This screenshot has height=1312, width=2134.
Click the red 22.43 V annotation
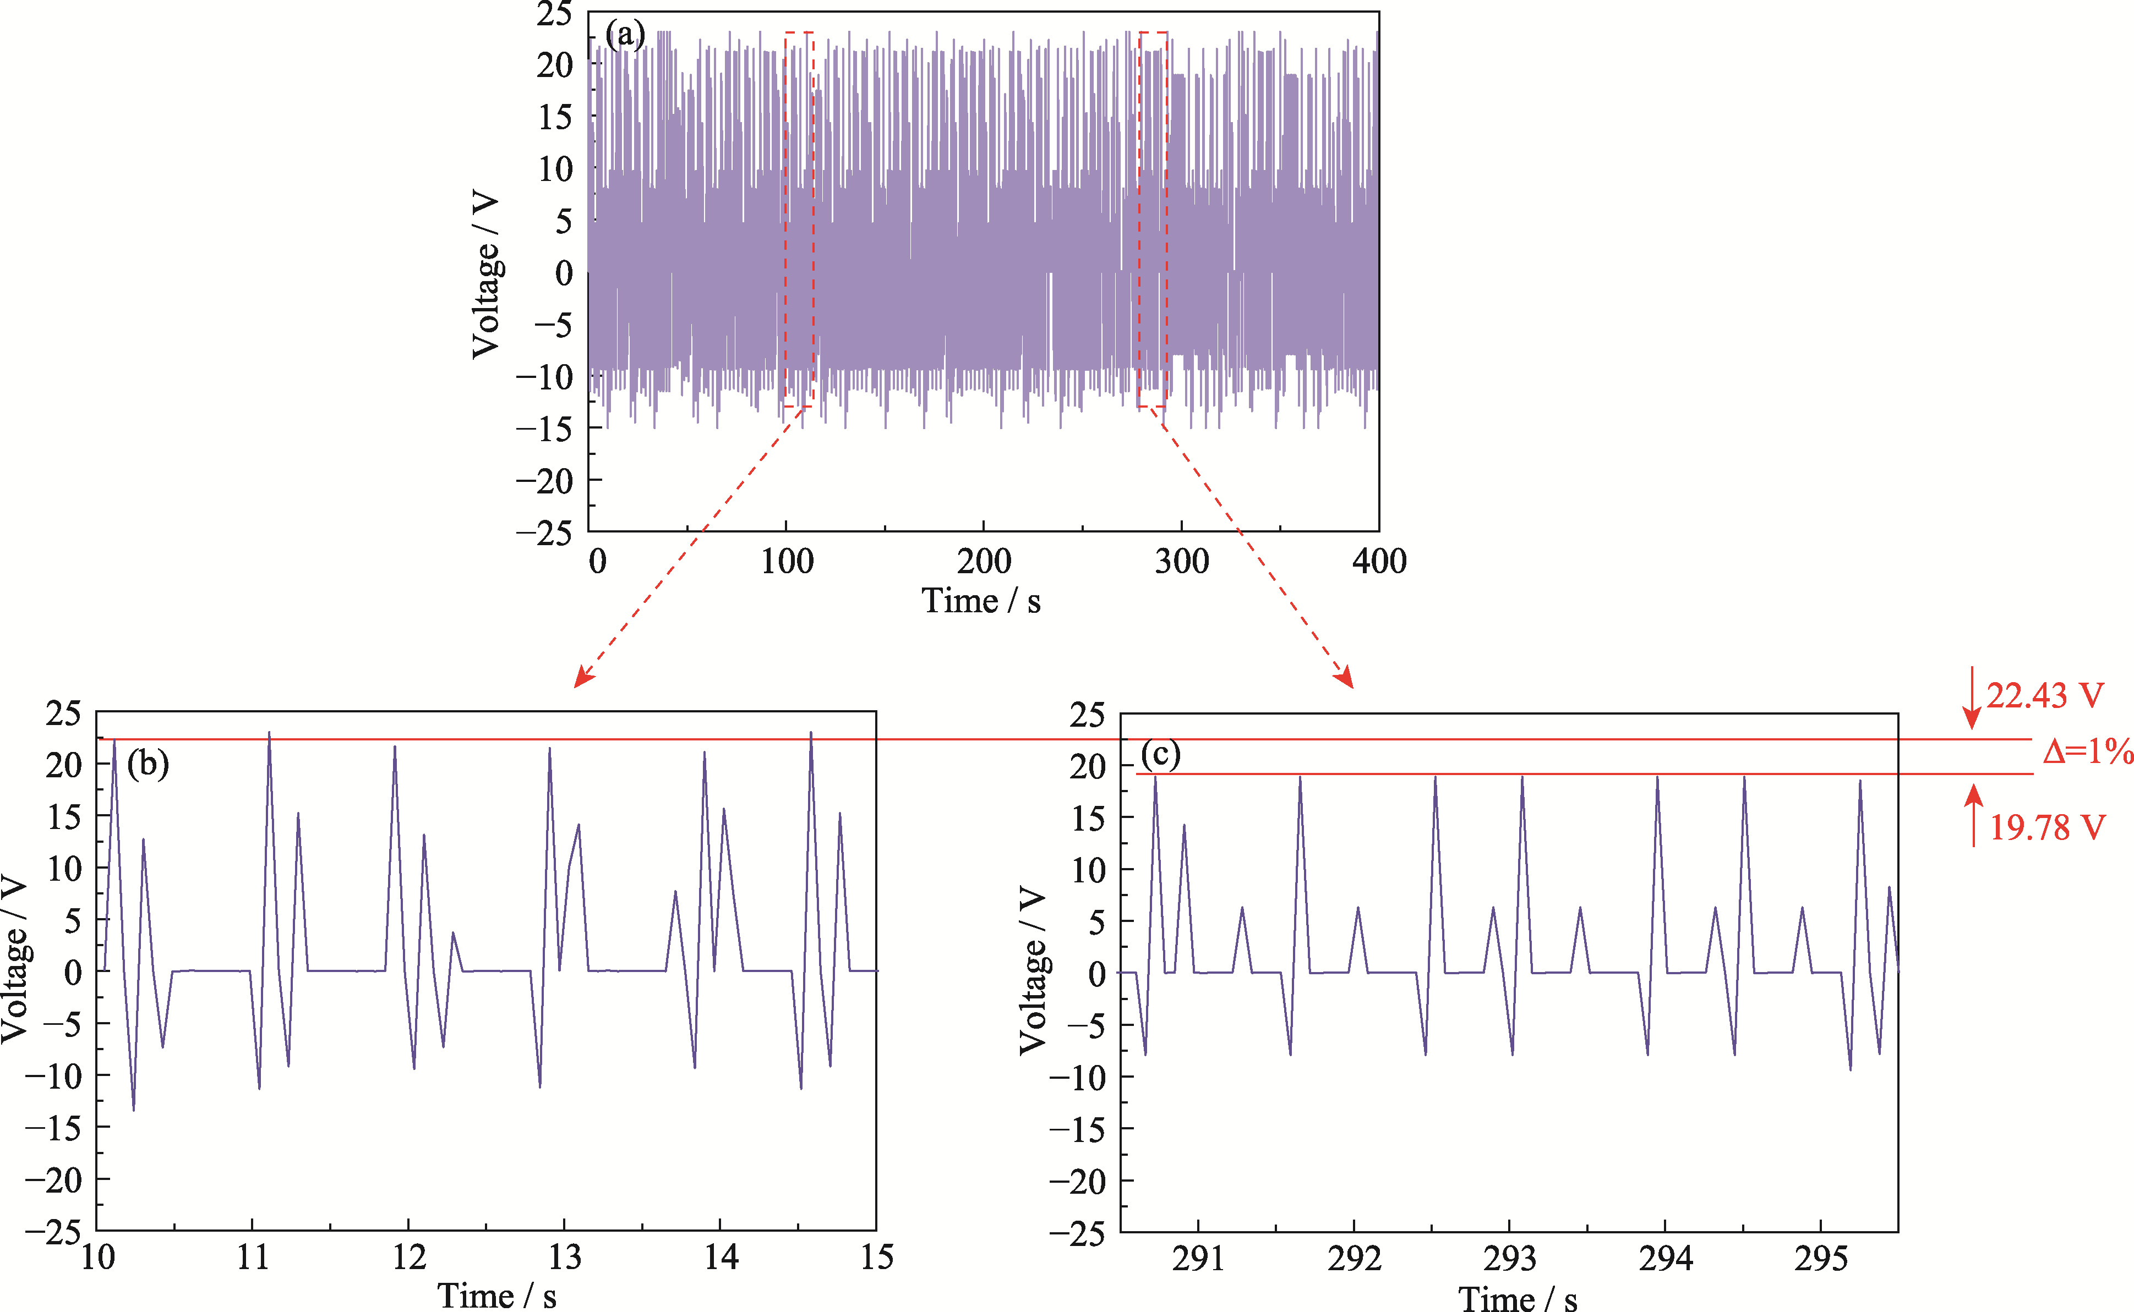[2045, 696]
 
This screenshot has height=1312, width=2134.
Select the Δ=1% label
[2088, 751]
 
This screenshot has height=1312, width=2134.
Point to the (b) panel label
[148, 765]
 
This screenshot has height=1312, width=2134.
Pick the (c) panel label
[1161, 754]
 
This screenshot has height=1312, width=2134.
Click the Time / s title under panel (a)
[981, 601]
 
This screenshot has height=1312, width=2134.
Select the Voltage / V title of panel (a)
[486, 274]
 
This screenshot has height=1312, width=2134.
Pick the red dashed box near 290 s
[1153, 219]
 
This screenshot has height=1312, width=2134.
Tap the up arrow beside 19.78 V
[1974, 814]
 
